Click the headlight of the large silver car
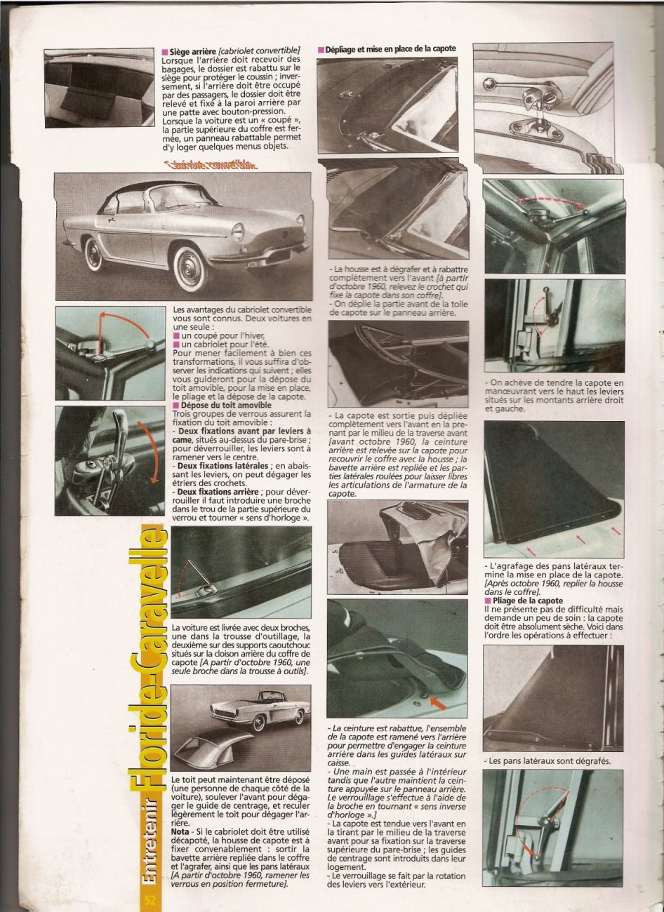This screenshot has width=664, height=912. [238, 232]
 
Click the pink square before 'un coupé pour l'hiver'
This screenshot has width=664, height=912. [176, 335]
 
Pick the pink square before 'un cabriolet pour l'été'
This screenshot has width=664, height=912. [176, 344]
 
